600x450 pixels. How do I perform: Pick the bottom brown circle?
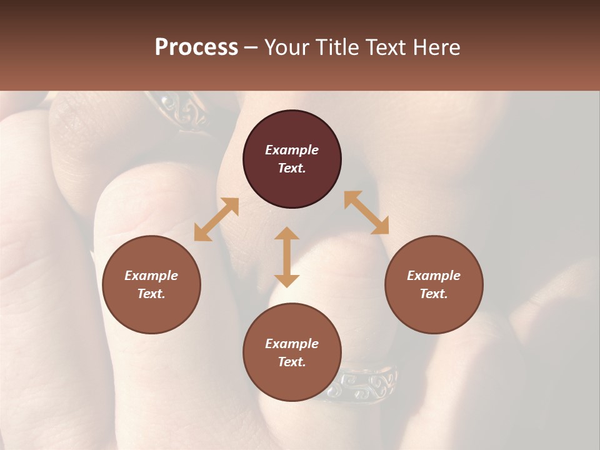pyautogui.click(x=292, y=381)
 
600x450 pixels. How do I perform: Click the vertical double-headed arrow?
pyautogui.click(x=287, y=257)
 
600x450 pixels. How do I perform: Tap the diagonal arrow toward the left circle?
pyautogui.click(x=216, y=219)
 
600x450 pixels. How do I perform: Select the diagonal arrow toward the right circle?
pyautogui.click(x=366, y=212)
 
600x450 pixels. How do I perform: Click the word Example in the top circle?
pyautogui.click(x=292, y=150)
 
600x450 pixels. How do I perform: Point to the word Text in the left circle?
pyautogui.click(x=151, y=294)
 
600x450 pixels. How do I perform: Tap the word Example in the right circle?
pyautogui.click(x=434, y=276)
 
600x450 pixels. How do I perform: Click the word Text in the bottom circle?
pyautogui.click(x=292, y=362)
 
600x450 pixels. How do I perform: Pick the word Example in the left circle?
pyautogui.click(x=151, y=276)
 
